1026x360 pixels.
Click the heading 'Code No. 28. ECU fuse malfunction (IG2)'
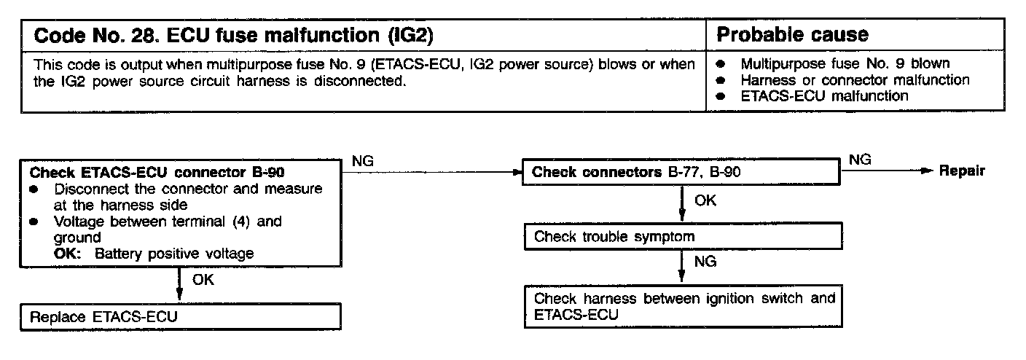pyautogui.click(x=236, y=35)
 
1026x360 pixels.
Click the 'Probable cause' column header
pyautogui.click(x=793, y=35)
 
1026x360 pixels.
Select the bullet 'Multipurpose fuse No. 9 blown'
pyautogui.click(x=845, y=63)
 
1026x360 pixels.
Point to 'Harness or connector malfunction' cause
pyautogui.click(x=855, y=79)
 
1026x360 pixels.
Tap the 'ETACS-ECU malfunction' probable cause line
pyautogui.click(x=824, y=95)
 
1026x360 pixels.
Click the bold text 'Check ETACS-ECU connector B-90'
pyautogui.click(x=157, y=173)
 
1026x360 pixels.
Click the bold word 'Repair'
pyautogui.click(x=962, y=171)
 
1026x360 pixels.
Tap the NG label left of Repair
pyautogui.click(x=861, y=160)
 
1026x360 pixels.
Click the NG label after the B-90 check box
pyautogui.click(x=363, y=162)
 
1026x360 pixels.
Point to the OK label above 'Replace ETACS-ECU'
pyautogui.click(x=203, y=280)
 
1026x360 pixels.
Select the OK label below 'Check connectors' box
pyautogui.click(x=705, y=200)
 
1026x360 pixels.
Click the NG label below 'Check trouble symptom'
pyautogui.click(x=705, y=260)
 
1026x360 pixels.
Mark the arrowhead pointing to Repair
pyautogui.click(x=926, y=172)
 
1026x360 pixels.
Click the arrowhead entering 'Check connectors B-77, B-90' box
pyautogui.click(x=518, y=173)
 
